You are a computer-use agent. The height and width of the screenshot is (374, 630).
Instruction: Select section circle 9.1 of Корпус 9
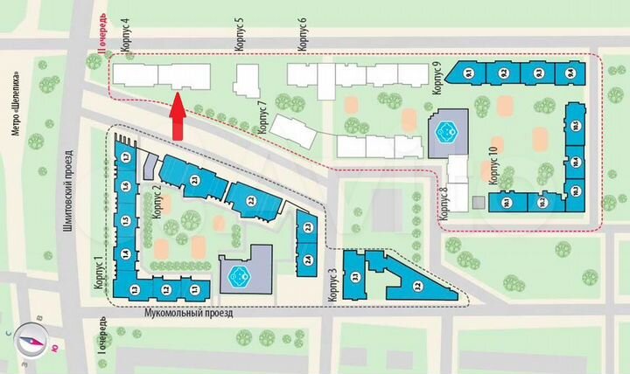tap(468, 73)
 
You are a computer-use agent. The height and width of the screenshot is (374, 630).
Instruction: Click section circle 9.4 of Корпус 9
tap(570, 73)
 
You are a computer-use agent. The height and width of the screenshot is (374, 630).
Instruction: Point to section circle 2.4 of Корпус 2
tap(308, 260)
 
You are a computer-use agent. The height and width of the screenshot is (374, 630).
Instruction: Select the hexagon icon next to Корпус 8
tap(446, 132)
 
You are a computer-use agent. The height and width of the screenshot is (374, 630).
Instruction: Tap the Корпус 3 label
tap(332, 286)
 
